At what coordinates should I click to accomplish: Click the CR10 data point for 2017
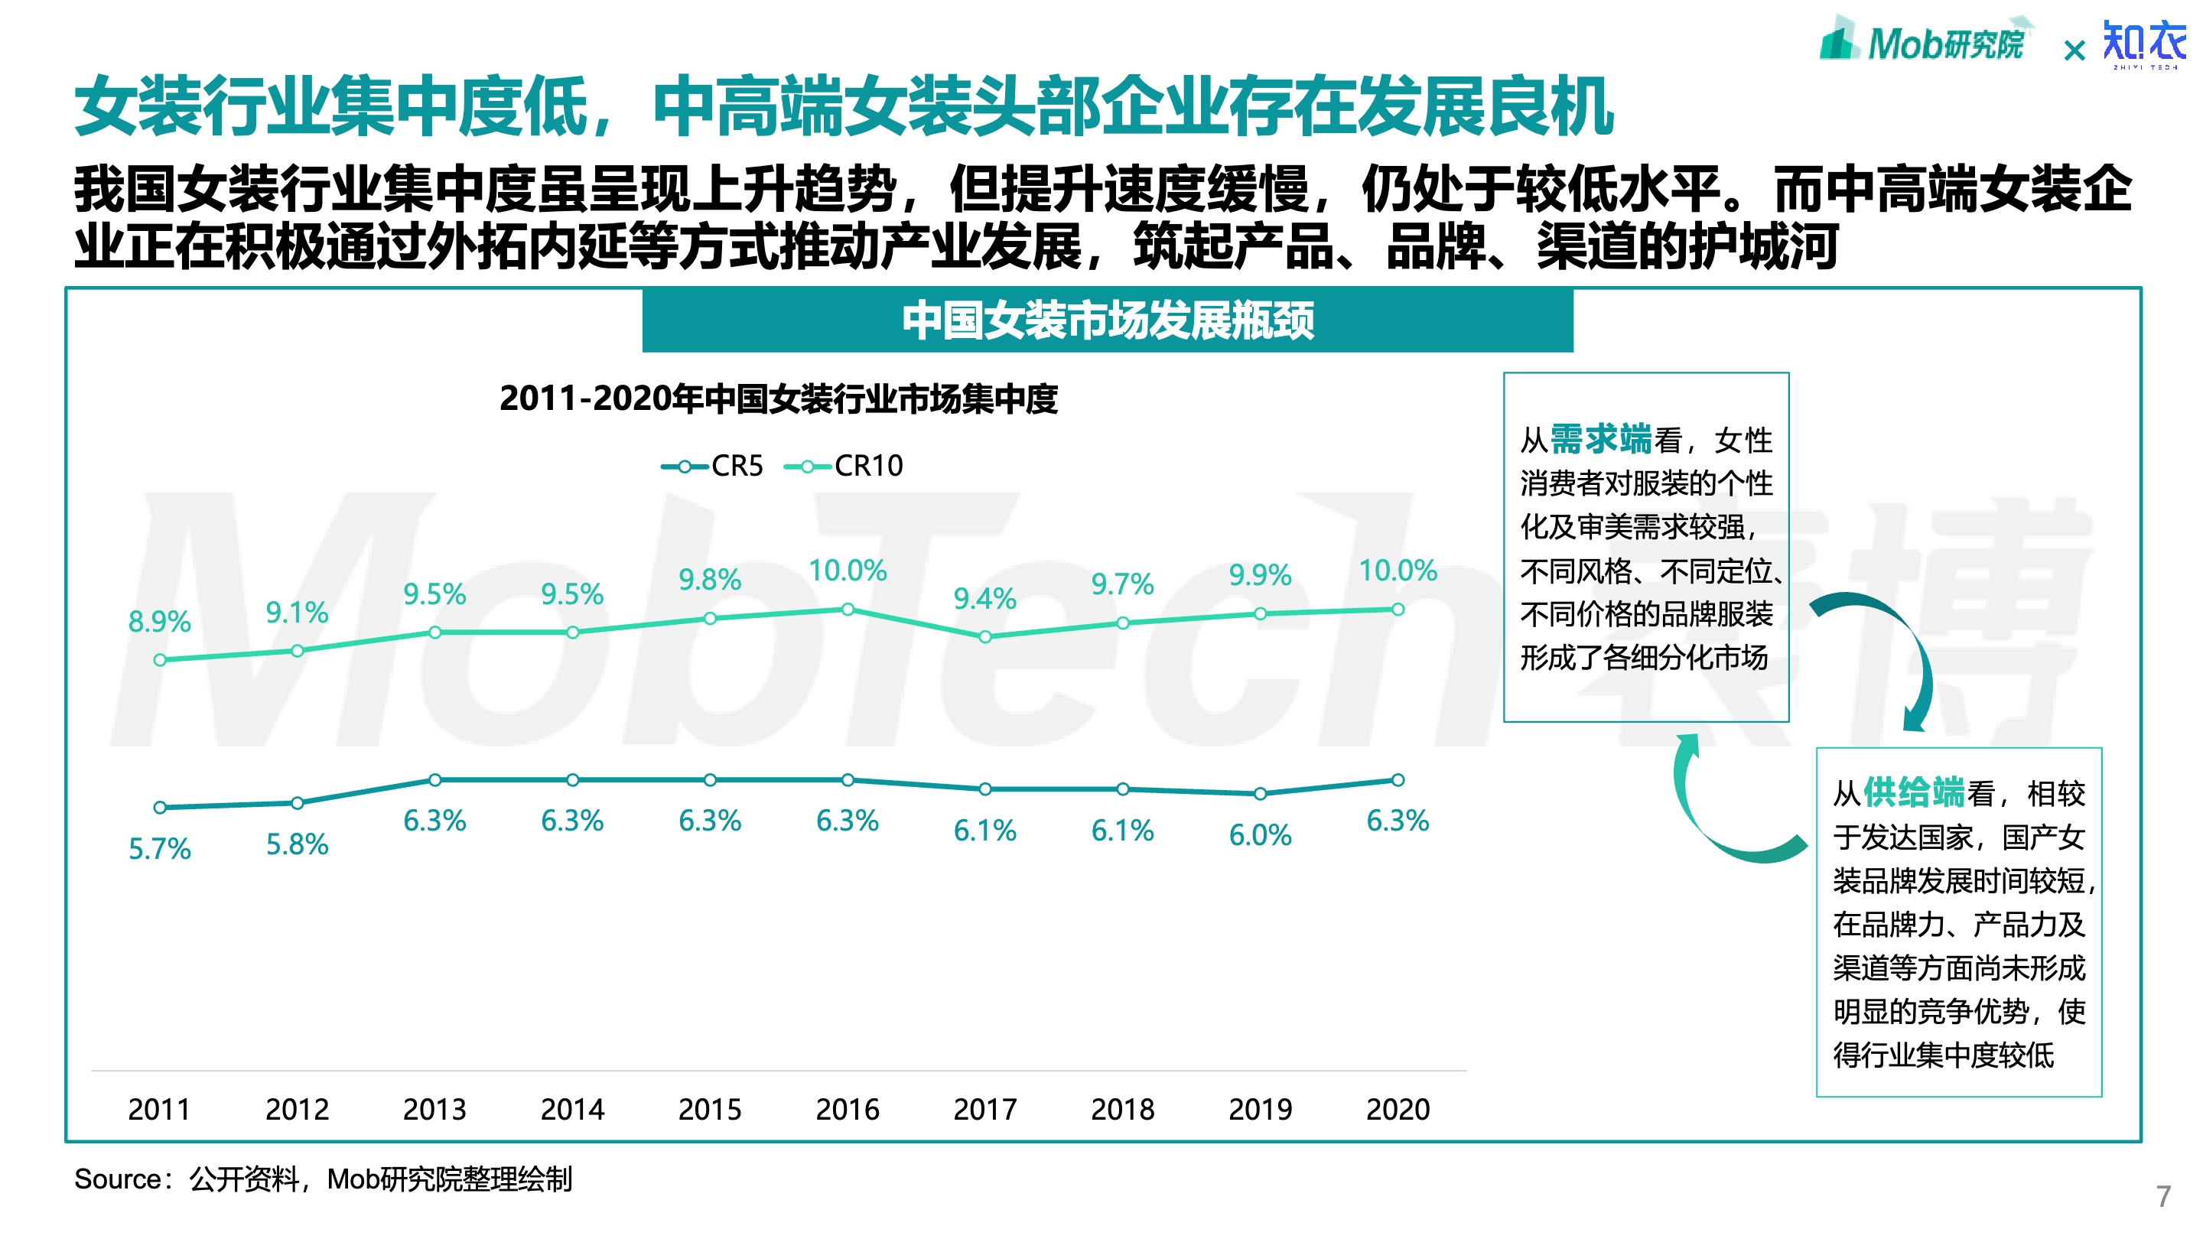985,637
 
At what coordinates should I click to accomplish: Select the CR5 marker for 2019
1260,794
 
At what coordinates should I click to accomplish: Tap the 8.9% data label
159,622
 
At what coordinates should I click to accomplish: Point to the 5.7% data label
159,849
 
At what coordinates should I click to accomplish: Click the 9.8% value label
709,580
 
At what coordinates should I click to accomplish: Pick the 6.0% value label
1260,835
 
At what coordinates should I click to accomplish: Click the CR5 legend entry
712,466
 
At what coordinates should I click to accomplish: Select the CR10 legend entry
844,466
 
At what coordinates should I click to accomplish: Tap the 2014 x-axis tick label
572,1109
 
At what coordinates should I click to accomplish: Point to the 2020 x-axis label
1398,1109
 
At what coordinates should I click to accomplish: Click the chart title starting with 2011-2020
778,399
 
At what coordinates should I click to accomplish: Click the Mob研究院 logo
1925,41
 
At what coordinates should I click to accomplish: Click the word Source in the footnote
117,1179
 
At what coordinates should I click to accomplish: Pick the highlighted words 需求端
1600,440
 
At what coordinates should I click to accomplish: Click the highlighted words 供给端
1913,792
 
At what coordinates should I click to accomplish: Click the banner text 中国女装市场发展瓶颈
1108,320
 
